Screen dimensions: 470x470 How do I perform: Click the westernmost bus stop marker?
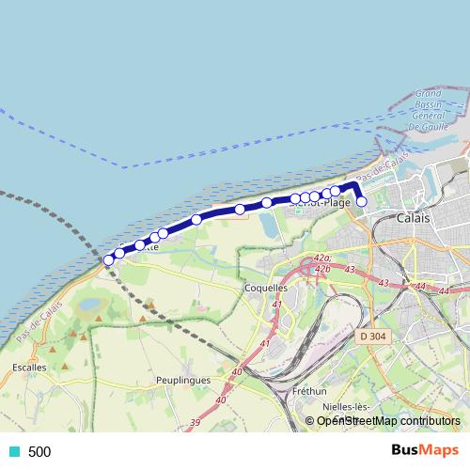pyautogui.click(x=109, y=259)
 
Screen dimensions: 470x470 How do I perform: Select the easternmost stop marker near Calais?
pyautogui.click(x=361, y=201)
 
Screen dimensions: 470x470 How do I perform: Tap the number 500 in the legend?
pyautogui.click(x=39, y=452)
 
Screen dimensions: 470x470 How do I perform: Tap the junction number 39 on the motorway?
pyautogui.click(x=196, y=423)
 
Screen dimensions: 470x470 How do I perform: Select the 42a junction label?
pyautogui.click(x=322, y=258)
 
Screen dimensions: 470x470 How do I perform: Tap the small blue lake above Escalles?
pyautogui.click(x=92, y=305)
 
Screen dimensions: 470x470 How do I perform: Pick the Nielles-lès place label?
pyautogui.click(x=350, y=407)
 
